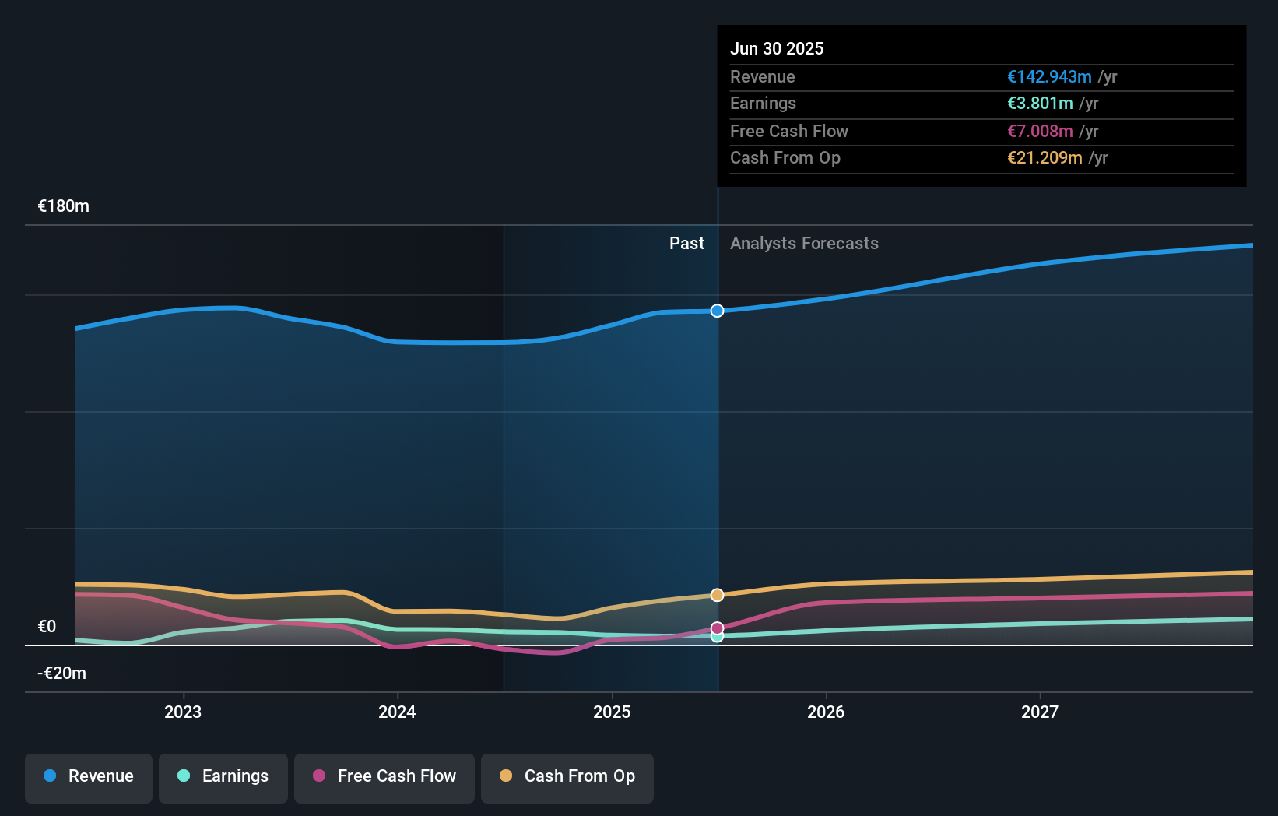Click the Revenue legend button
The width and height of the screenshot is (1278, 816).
(x=89, y=777)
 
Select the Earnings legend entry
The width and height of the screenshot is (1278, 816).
(x=223, y=777)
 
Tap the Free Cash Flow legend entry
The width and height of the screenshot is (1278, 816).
(x=384, y=777)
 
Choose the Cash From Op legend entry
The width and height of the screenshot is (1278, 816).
(x=567, y=777)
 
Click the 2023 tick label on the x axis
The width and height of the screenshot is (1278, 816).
(x=183, y=712)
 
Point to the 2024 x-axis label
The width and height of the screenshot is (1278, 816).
(x=397, y=712)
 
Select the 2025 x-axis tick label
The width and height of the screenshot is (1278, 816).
(x=612, y=712)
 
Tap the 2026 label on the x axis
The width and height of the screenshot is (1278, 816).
(x=826, y=712)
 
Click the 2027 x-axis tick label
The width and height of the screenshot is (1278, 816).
(x=1040, y=712)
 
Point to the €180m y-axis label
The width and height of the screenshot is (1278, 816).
(x=64, y=206)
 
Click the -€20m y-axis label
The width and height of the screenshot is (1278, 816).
(x=62, y=674)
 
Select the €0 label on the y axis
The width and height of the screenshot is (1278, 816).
(x=47, y=627)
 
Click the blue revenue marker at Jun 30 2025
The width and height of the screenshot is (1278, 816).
(x=718, y=311)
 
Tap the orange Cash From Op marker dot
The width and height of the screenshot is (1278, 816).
(x=718, y=595)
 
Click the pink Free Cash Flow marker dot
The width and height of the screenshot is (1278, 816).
(x=718, y=628)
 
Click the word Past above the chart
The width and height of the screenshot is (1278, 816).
(x=686, y=244)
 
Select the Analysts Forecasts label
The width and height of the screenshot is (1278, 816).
(x=804, y=244)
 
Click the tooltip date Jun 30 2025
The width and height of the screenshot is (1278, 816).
(x=777, y=48)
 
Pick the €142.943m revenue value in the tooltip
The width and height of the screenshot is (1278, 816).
(x=1049, y=77)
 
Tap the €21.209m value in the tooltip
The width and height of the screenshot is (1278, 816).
(x=1045, y=158)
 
